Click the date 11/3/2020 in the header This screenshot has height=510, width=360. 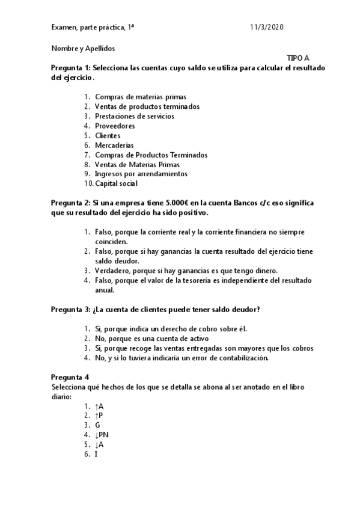266,28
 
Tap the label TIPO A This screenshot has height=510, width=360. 298,58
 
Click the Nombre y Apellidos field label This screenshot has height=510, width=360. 83,48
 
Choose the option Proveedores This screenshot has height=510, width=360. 115,126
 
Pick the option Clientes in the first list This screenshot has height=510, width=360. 108,135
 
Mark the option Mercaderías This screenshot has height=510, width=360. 114,145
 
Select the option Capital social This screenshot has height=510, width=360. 116,183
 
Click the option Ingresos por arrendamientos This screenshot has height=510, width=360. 141,174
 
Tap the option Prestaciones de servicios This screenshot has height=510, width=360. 135,116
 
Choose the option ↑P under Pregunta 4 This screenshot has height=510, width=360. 99,415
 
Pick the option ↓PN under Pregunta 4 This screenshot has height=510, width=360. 102,434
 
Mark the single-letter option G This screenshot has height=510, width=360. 97,425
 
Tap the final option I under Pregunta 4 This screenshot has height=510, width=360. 96,453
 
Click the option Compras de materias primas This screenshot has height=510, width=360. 141,97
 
